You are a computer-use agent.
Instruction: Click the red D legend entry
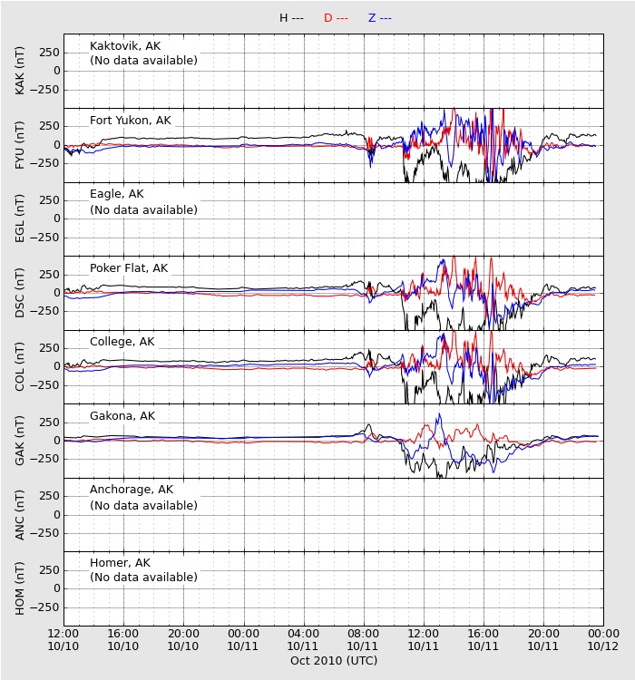(336, 18)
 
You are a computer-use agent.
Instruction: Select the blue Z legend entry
(380, 18)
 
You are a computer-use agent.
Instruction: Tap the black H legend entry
(292, 18)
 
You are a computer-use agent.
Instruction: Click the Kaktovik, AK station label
(125, 46)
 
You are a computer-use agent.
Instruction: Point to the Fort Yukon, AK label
(131, 120)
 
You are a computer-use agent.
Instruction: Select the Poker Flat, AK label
(129, 268)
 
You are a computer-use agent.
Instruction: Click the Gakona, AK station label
(122, 416)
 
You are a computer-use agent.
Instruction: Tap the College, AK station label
(122, 342)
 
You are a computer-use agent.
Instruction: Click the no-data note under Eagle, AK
(143, 210)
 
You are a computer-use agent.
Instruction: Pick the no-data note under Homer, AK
(143, 578)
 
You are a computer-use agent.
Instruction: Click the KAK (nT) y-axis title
(20, 71)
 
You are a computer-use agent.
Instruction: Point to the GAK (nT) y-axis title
(20, 441)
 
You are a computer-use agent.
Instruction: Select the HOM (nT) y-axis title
(20, 588)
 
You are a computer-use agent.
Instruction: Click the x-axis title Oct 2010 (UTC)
(334, 660)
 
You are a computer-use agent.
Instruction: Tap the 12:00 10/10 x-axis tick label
(63, 640)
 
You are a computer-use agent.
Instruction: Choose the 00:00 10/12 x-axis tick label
(603, 640)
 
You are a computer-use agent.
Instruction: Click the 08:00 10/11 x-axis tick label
(363, 640)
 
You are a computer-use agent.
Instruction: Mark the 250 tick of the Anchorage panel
(49, 496)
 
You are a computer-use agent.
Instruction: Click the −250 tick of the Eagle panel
(44, 238)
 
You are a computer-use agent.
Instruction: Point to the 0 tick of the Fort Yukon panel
(57, 145)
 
